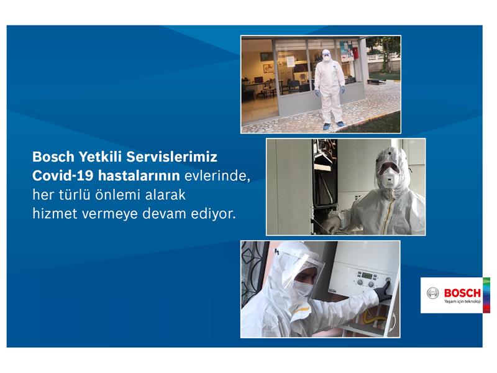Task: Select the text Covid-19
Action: pos(63,176)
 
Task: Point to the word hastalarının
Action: pos(139,176)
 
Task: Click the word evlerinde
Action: pos(217,176)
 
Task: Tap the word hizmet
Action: pos(55,213)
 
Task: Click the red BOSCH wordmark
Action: pos(462,293)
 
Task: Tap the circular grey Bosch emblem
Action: pos(432,293)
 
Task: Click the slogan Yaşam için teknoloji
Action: pos(462,302)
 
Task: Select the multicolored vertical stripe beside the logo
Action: pos(486,295)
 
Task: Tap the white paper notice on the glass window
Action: pos(290,62)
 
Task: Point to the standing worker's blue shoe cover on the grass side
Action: pos(340,124)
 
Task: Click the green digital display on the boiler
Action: pos(367,275)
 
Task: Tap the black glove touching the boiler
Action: pos(383,292)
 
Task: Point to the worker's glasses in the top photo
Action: pos(326,55)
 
